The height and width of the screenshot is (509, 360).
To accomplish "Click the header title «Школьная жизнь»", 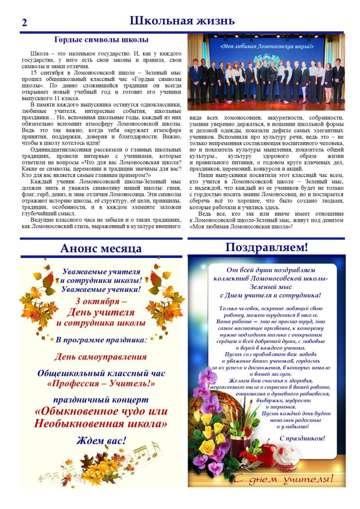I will tap(181, 21).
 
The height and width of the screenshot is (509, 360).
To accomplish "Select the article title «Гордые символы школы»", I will tap(101, 40).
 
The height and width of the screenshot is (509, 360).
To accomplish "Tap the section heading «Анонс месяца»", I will tap(101, 248).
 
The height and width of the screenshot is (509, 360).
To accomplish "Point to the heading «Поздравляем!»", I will tap(266, 247).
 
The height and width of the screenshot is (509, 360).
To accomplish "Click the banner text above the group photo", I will tap(267, 46).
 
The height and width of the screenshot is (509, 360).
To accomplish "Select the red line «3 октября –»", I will tap(101, 301).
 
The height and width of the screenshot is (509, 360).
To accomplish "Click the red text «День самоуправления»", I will tap(101, 356).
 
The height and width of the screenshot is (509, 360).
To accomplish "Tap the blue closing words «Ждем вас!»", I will tap(101, 440).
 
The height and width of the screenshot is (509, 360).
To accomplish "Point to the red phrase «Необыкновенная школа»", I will tap(101, 424).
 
